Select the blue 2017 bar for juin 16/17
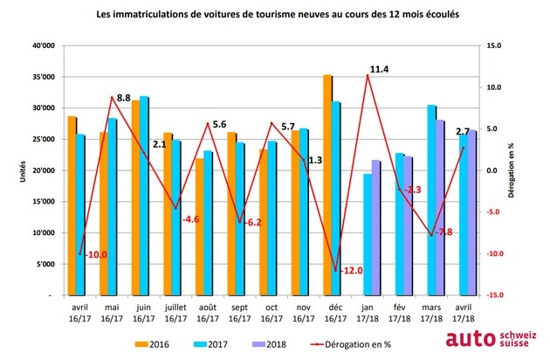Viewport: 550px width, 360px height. tap(143, 196)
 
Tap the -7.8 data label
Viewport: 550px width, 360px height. tap(443, 232)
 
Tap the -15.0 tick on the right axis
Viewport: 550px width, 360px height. tap(494, 295)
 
